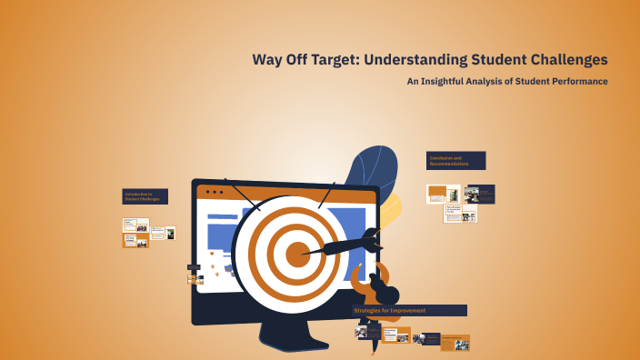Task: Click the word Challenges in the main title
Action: (565, 61)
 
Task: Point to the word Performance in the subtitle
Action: (575, 82)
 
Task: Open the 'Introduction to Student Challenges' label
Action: (145, 196)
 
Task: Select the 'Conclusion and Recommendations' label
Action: (455, 160)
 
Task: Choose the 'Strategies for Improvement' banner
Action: (409, 311)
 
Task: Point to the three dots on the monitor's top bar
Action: (215, 193)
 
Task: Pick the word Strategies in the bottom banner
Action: (371, 311)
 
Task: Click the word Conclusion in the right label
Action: (441, 157)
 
